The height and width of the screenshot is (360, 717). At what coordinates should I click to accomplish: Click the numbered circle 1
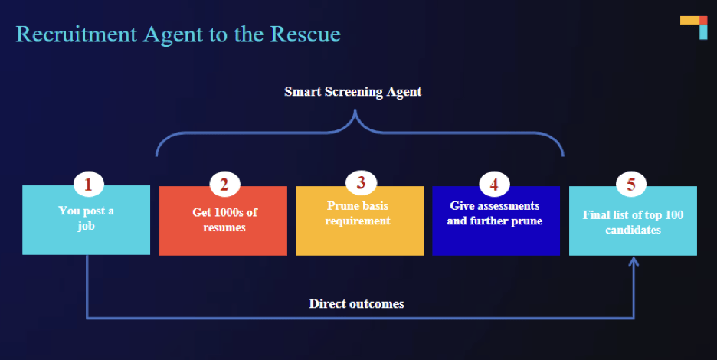[x=88, y=184]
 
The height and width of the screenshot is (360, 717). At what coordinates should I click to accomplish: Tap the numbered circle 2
[x=224, y=184]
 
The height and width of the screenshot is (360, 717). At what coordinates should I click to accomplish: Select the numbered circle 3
[x=361, y=182]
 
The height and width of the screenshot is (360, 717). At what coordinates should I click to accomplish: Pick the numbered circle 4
[x=494, y=184]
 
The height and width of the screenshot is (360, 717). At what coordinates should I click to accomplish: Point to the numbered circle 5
[x=631, y=184]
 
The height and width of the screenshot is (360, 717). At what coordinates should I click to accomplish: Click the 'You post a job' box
[x=86, y=220]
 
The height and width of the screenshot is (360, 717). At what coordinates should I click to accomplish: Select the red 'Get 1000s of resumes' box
[x=223, y=221]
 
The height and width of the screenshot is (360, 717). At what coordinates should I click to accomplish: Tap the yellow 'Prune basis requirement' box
[x=360, y=221]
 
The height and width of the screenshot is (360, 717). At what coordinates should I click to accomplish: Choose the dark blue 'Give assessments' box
[x=496, y=221]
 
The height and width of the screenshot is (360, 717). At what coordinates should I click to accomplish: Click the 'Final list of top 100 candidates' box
[x=633, y=221]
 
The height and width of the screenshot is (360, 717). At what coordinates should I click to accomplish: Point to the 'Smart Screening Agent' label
[x=352, y=92]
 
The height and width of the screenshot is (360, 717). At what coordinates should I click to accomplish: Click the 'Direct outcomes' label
[x=356, y=304]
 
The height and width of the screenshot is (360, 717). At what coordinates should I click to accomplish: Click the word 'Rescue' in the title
[x=305, y=34]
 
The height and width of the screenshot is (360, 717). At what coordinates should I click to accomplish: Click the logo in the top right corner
[x=694, y=28]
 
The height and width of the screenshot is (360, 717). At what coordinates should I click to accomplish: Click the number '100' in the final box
[x=674, y=215]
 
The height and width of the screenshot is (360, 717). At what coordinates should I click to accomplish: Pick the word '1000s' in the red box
[x=229, y=212]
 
